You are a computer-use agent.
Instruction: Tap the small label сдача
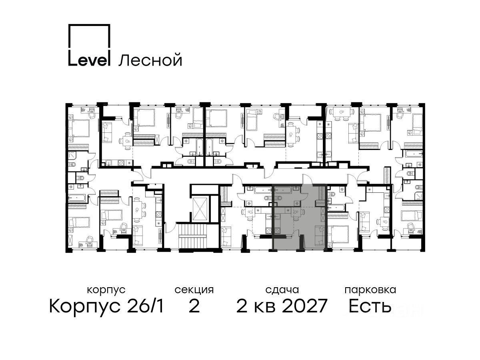pos(282,290)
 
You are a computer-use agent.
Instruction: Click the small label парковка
pos(370,290)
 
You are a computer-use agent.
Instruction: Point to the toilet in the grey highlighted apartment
pos(278,198)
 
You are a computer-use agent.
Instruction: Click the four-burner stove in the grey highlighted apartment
pos(278,231)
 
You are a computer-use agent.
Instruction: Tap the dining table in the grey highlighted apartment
pos(296,212)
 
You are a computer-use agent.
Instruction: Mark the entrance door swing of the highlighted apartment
pos(308,179)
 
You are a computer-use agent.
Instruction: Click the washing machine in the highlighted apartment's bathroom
pos(297,203)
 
